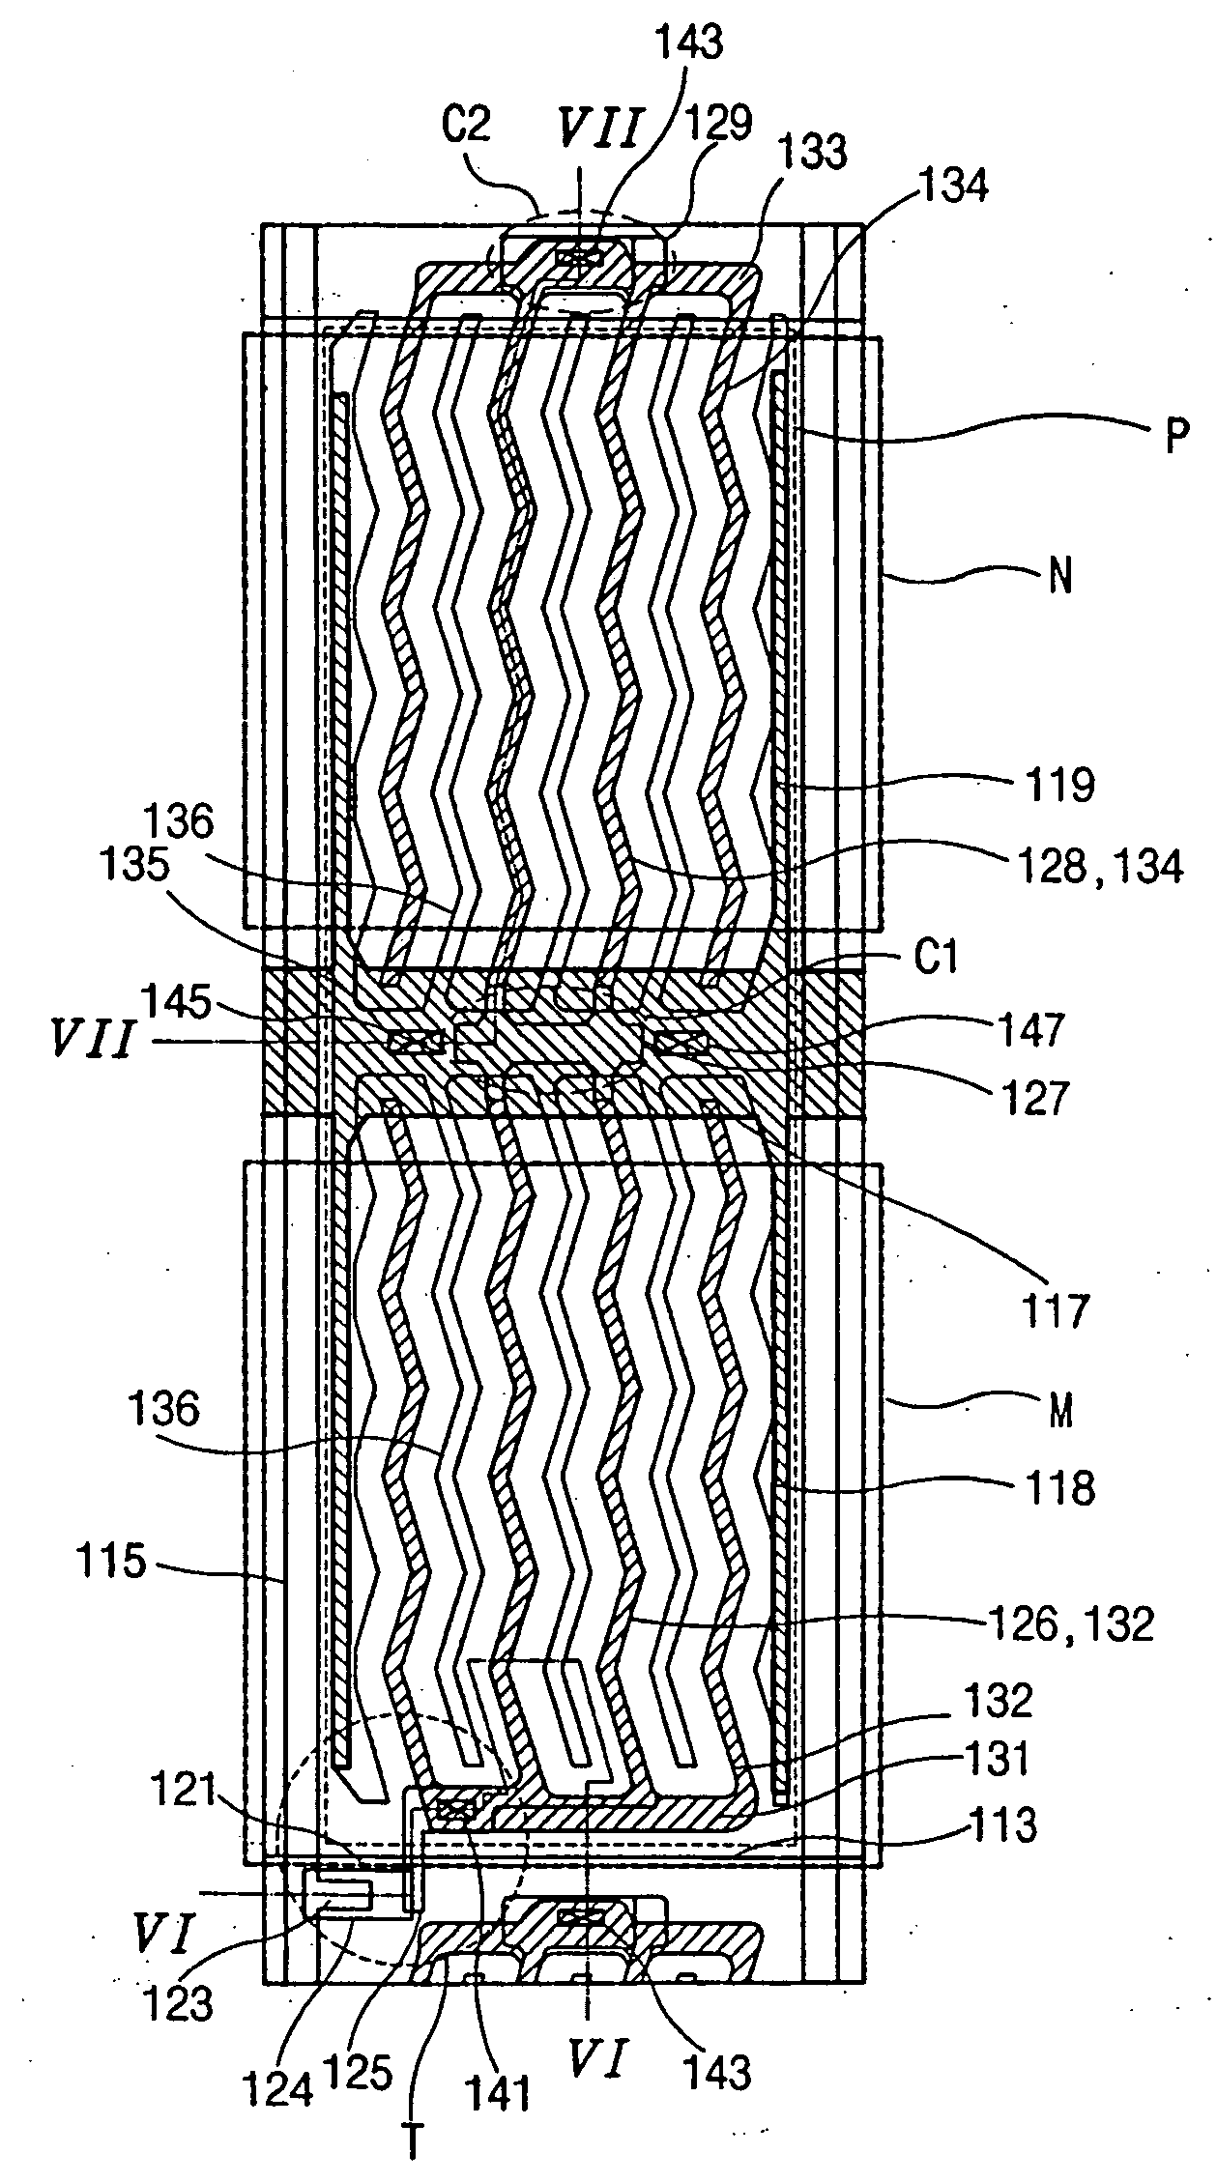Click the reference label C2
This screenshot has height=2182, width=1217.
point(465,128)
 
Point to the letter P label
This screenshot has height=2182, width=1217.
point(1174,437)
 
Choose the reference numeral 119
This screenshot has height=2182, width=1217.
point(1060,785)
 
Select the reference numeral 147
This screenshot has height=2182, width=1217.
point(1034,1027)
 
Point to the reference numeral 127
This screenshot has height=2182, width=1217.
point(1034,1099)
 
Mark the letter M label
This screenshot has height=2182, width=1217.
point(1060,1413)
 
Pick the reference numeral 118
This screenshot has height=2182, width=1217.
point(1060,1489)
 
